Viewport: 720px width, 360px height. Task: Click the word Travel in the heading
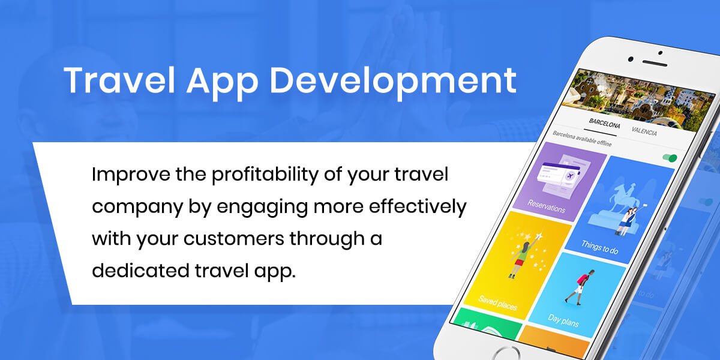tap(119, 80)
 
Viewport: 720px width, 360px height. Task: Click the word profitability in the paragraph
tap(265, 175)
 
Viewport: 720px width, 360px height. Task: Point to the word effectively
tap(418, 207)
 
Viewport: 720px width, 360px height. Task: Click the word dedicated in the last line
tap(140, 271)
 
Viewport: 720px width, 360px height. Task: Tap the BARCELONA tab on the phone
tap(604, 123)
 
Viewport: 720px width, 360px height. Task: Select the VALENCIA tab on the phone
tap(644, 131)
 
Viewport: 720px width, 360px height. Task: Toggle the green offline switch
tap(670, 158)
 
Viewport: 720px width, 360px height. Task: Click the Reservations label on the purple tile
tap(546, 206)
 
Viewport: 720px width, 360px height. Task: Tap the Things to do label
tap(600, 247)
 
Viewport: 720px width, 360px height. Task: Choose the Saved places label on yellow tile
tap(497, 303)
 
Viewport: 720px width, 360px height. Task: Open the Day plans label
tap(563, 320)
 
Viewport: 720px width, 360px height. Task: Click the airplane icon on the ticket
tap(570, 176)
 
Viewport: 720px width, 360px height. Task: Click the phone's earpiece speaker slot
tap(655, 64)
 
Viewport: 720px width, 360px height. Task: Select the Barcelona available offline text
tap(582, 139)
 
